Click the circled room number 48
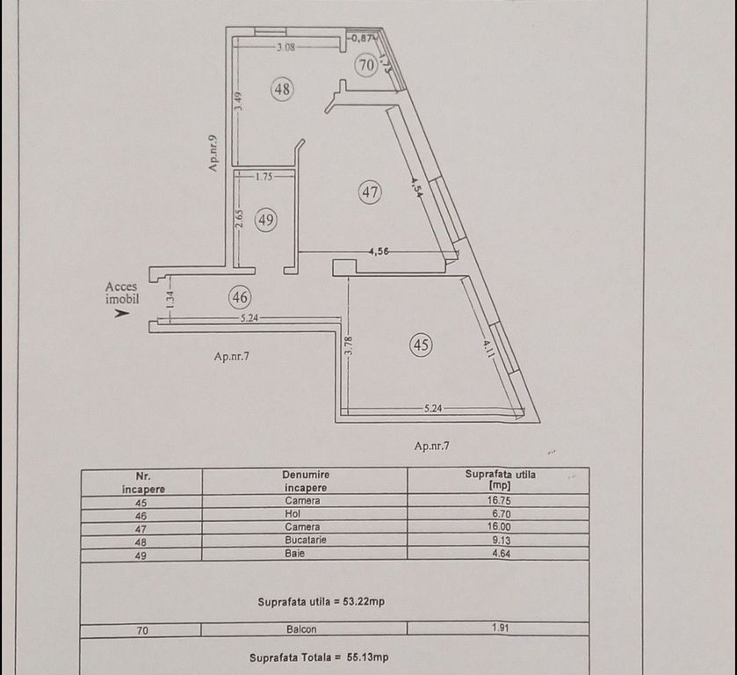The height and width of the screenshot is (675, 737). tap(283, 89)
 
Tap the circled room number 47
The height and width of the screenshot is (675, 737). tap(370, 192)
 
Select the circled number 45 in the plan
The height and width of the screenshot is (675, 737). tap(421, 345)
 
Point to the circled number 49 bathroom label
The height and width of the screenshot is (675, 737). tap(266, 219)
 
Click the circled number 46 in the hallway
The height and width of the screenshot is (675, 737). tap(240, 297)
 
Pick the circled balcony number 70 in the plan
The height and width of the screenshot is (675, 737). tap(366, 64)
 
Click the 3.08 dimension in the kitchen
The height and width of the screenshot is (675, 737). tap(285, 47)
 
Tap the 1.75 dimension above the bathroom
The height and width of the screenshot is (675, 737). tap(264, 177)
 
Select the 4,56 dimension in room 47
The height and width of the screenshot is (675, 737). tap(379, 251)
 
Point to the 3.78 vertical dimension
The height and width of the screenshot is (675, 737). tap(348, 345)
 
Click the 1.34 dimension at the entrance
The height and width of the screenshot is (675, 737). tap(170, 300)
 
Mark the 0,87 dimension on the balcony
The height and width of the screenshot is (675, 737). tap(363, 39)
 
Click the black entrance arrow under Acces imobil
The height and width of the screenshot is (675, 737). tap(122, 313)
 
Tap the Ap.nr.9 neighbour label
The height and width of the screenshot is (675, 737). tap(213, 153)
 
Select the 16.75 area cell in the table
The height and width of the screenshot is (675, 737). tap(499, 500)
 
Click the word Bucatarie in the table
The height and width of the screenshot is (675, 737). tap(306, 540)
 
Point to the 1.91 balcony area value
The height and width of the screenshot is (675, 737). tap(500, 628)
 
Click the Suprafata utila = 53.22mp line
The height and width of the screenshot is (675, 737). tap(321, 602)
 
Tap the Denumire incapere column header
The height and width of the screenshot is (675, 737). tap(306, 482)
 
